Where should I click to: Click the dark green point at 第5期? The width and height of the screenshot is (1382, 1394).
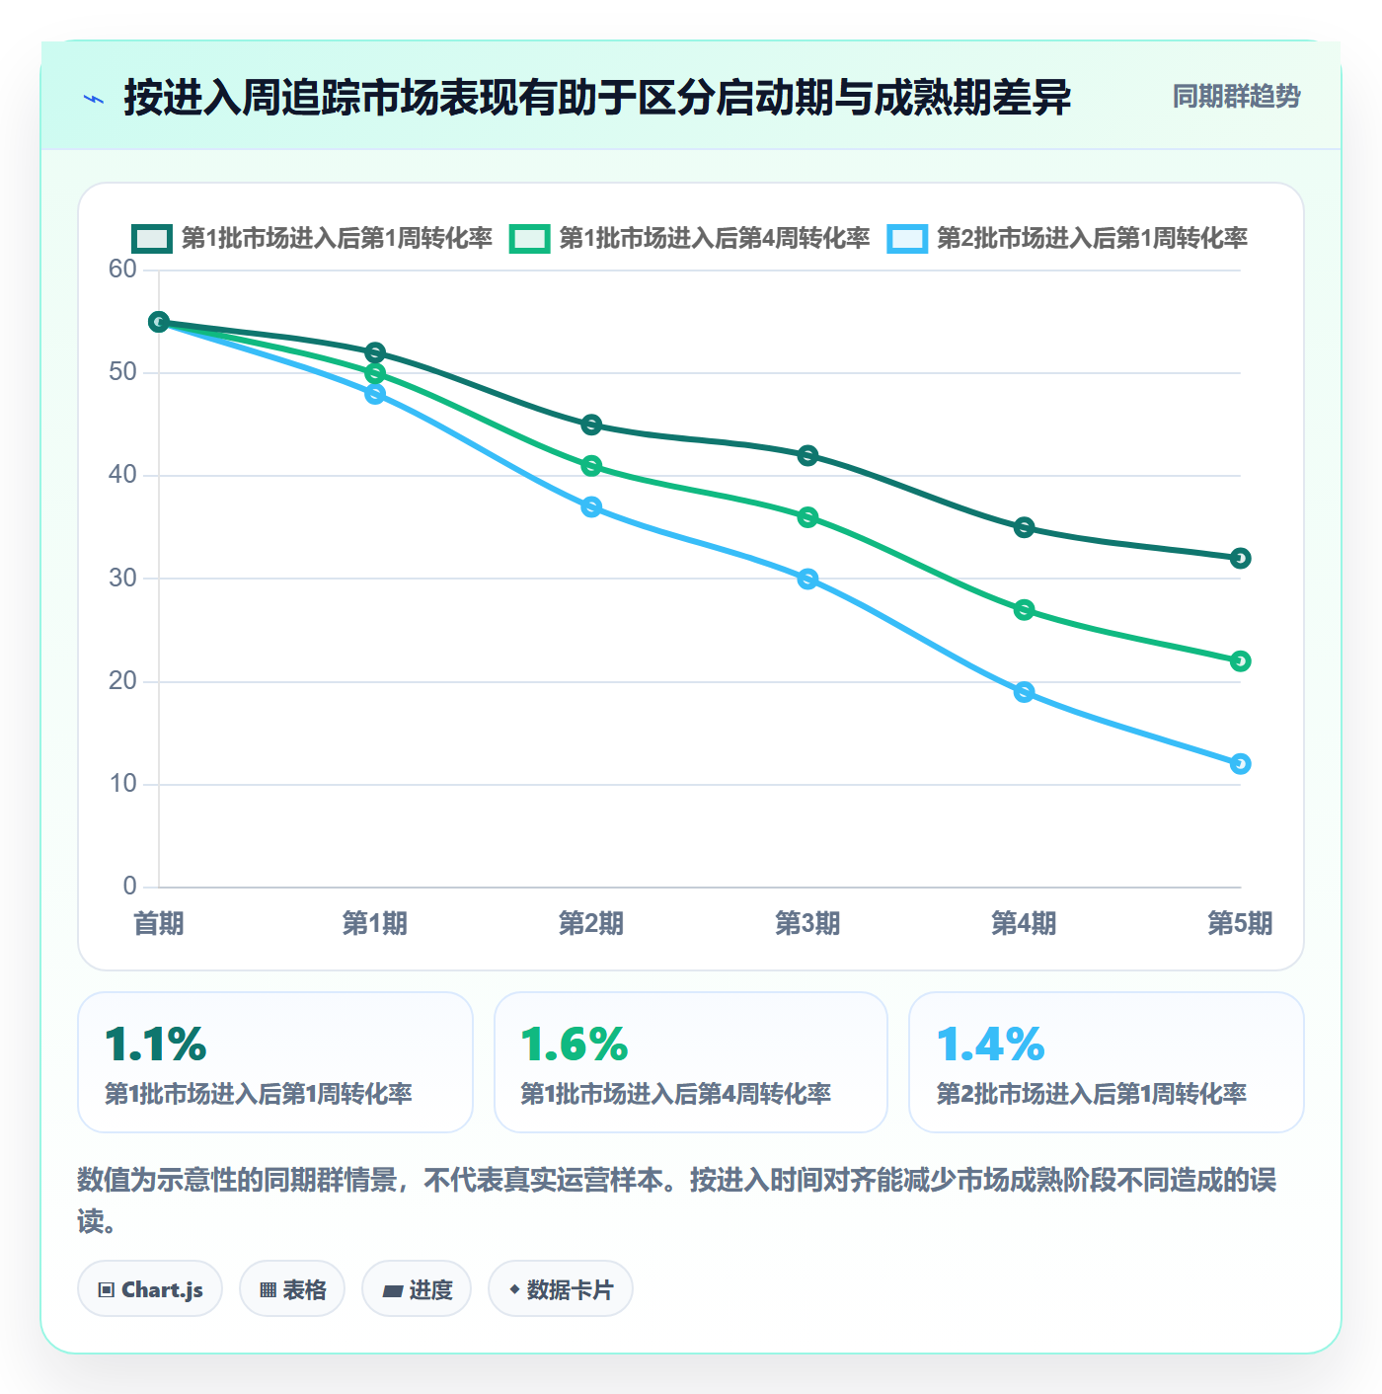(1240, 558)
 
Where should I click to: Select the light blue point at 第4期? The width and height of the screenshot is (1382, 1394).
(1023, 692)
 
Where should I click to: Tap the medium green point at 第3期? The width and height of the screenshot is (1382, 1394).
(807, 517)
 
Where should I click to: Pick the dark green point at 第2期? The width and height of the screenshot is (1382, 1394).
(591, 425)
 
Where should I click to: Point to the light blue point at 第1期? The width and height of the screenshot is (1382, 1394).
(375, 394)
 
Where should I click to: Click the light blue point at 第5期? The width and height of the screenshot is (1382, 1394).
(1240, 763)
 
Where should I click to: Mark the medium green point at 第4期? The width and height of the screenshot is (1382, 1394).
(1023, 610)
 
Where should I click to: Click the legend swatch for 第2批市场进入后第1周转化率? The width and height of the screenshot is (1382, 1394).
(906, 239)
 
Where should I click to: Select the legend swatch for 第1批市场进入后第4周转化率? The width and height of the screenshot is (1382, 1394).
(529, 239)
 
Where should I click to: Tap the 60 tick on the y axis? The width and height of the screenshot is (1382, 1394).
(122, 270)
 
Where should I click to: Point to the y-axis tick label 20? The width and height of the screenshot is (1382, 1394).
(122, 681)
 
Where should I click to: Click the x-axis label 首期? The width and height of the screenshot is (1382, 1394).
(159, 923)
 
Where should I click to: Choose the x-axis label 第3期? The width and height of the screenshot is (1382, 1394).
(807, 923)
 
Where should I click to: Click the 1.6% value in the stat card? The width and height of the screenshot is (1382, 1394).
(575, 1044)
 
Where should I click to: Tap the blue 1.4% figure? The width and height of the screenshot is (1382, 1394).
(990, 1044)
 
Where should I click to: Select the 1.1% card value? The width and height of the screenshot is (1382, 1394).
(156, 1044)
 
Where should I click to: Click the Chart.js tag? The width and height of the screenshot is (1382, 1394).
(150, 1289)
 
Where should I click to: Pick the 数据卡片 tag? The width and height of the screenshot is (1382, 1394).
(561, 1289)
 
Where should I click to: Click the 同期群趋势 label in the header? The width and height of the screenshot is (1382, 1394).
(1236, 96)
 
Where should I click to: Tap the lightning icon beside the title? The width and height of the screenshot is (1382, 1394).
(94, 99)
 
